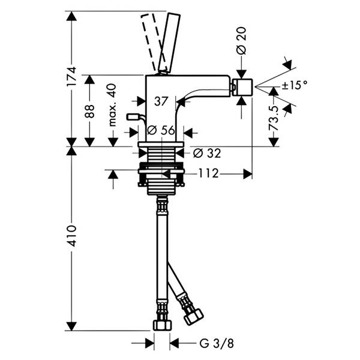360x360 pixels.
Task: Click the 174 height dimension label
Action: point(71,77)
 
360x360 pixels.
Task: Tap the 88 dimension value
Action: point(89,112)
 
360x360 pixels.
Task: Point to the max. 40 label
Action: point(113,105)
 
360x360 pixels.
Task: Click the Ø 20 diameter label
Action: point(241,41)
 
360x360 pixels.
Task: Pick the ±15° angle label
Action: point(295,85)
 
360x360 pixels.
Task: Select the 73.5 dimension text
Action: point(274,118)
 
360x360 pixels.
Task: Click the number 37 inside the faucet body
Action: point(161,101)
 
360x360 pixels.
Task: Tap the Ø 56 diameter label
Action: point(161,130)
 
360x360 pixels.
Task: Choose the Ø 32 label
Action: point(207,153)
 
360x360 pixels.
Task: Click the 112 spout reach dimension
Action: point(208,173)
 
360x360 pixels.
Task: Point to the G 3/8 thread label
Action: point(217,344)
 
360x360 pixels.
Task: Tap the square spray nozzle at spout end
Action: point(242,87)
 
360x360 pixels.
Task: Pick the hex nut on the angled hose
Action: point(194,317)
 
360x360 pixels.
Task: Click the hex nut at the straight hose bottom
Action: point(163,325)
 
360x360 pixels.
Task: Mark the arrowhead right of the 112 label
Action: point(248,174)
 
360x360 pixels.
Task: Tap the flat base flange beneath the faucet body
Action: point(161,144)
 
